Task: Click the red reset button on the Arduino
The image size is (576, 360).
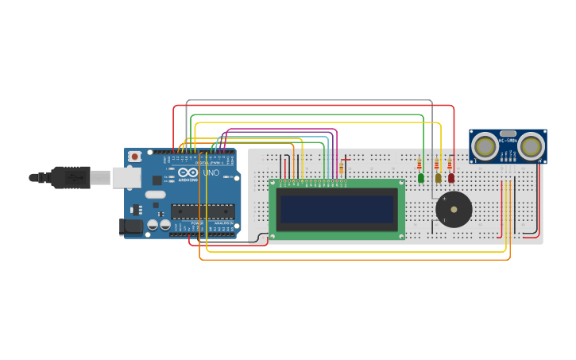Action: [135, 157]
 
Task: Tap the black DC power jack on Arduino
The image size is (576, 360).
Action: [131, 227]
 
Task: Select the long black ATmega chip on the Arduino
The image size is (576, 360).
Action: [203, 211]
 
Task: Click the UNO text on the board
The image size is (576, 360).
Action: [211, 173]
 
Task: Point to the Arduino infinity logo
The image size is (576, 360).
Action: [189, 172]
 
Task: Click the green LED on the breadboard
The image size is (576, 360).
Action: [421, 178]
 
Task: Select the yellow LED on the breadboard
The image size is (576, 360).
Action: [437, 178]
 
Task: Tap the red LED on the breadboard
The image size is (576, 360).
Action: [451, 178]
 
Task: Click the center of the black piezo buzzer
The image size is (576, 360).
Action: [454, 210]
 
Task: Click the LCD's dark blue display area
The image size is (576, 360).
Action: [336, 210]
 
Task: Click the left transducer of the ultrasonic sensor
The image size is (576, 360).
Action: [485, 145]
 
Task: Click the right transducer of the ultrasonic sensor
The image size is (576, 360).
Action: [532, 145]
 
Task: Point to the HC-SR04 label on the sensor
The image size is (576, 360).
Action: [508, 141]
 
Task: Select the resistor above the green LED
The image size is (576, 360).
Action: [419, 165]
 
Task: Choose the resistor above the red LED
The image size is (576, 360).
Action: [450, 165]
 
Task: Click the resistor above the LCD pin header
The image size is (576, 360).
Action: [342, 168]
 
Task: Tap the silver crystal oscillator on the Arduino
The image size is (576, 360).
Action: [156, 194]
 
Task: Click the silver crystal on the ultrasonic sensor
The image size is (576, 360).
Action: [508, 134]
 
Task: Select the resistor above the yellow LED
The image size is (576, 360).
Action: [435, 165]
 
